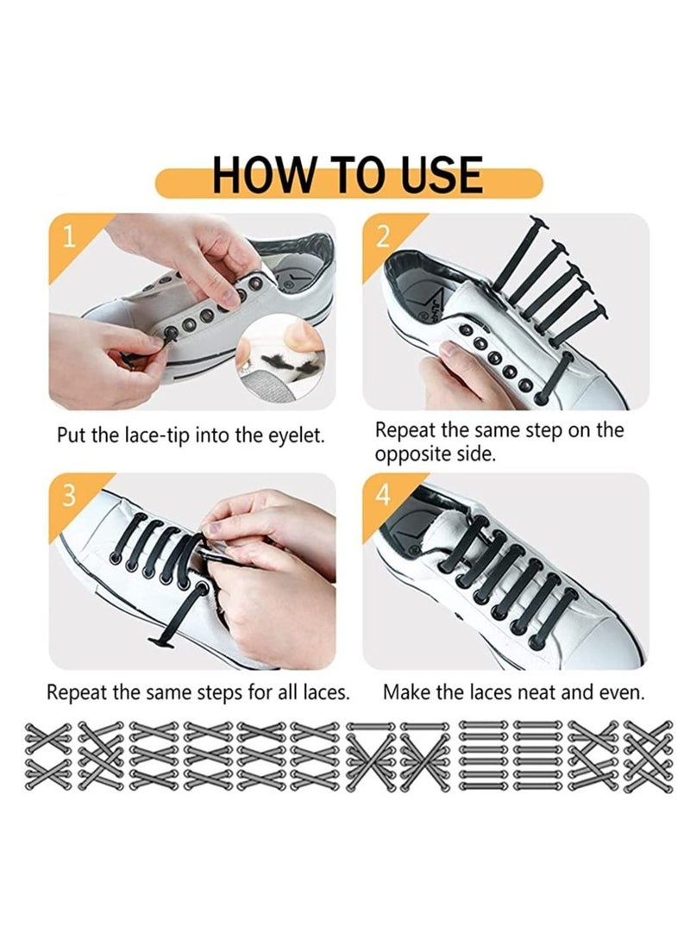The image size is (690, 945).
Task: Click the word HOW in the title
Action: [255, 175]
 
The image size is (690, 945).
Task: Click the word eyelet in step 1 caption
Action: [298, 435]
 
